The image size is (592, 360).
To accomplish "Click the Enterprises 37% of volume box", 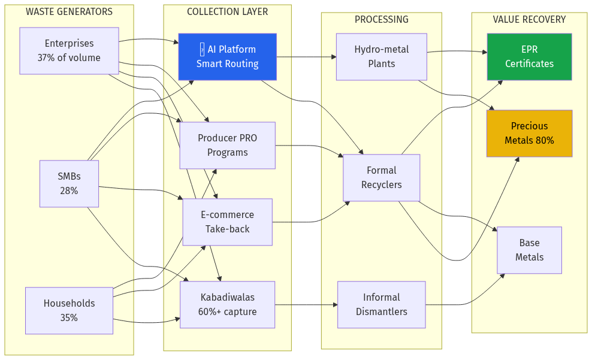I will tap(69, 51).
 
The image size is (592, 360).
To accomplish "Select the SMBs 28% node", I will tap(69, 184).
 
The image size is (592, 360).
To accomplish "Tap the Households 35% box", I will tap(69, 310).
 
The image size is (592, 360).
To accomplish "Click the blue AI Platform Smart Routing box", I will tap(227, 57).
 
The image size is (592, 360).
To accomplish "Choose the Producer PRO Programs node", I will tap(227, 146).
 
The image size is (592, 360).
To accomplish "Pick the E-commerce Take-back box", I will tap(227, 222).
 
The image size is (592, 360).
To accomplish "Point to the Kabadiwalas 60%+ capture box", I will tap(227, 304).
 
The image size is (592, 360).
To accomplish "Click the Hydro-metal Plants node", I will tap(381, 57).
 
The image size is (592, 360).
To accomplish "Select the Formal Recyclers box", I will tap(381, 178).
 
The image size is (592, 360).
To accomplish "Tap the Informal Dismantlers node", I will tap(381, 304).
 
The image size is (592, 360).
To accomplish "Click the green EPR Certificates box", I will tap(529, 57).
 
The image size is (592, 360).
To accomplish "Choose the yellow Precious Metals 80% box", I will tap(529, 134).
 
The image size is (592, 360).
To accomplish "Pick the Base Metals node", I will tap(529, 250).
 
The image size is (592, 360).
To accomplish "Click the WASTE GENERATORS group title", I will tap(69, 12).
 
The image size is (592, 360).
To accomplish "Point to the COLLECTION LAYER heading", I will tap(227, 12).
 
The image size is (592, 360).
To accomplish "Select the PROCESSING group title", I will tap(381, 20).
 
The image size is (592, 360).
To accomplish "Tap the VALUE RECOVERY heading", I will tap(529, 20).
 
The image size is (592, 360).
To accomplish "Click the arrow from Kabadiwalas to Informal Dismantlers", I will tap(306, 304).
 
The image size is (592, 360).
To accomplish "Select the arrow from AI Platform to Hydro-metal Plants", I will tap(306, 58).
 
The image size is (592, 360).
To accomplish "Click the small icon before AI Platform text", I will tap(203, 50).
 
